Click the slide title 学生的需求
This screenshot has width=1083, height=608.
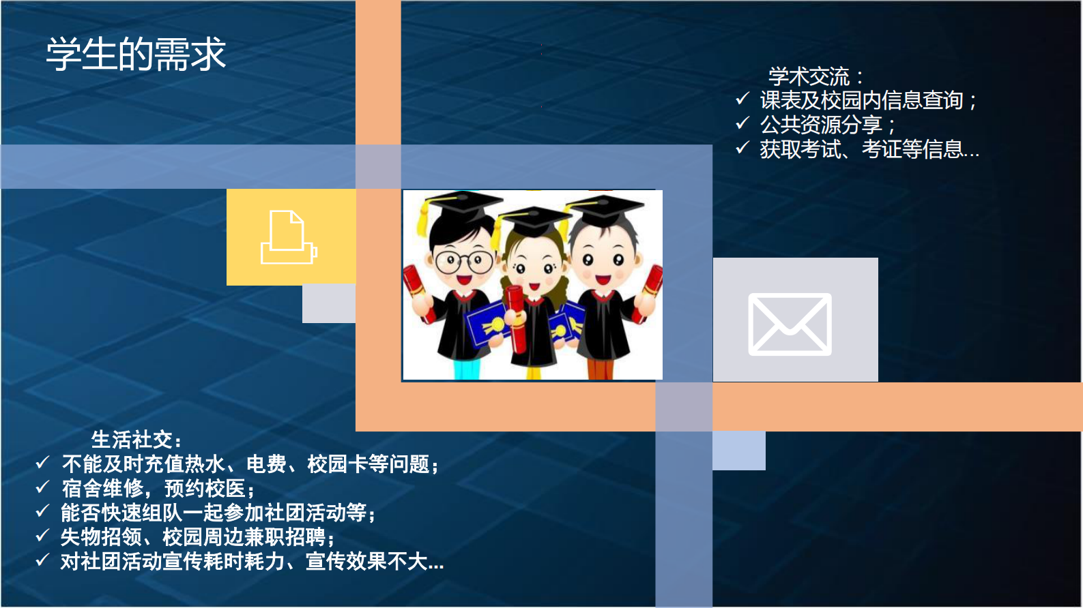(x=136, y=55)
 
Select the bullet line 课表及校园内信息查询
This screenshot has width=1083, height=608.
(x=867, y=101)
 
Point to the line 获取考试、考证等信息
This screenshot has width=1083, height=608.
(x=869, y=149)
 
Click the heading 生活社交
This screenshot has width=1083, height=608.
(x=136, y=440)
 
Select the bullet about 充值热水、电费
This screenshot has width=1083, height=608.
(x=250, y=464)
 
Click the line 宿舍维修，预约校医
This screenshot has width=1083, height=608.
(x=158, y=489)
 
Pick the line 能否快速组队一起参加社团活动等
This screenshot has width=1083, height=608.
(x=218, y=513)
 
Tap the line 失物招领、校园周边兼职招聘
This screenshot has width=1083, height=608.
(x=197, y=537)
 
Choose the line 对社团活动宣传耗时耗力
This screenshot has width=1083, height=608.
(x=252, y=562)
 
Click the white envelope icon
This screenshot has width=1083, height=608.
(x=790, y=324)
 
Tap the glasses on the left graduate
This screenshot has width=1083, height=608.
(x=464, y=261)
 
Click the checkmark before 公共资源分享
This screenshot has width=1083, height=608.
(x=742, y=123)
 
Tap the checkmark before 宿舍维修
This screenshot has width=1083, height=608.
(x=42, y=487)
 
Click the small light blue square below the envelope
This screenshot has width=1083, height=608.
(x=738, y=451)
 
